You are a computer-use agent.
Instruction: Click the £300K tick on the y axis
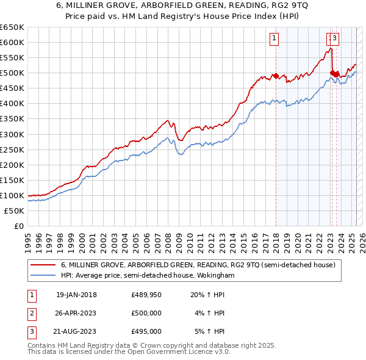12,134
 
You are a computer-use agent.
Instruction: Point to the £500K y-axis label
12,73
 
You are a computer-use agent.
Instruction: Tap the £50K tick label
13,211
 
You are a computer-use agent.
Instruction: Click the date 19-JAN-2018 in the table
76,294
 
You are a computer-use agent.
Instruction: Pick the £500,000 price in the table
146,313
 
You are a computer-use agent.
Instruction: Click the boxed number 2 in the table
31,313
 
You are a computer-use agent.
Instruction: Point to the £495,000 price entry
146,331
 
